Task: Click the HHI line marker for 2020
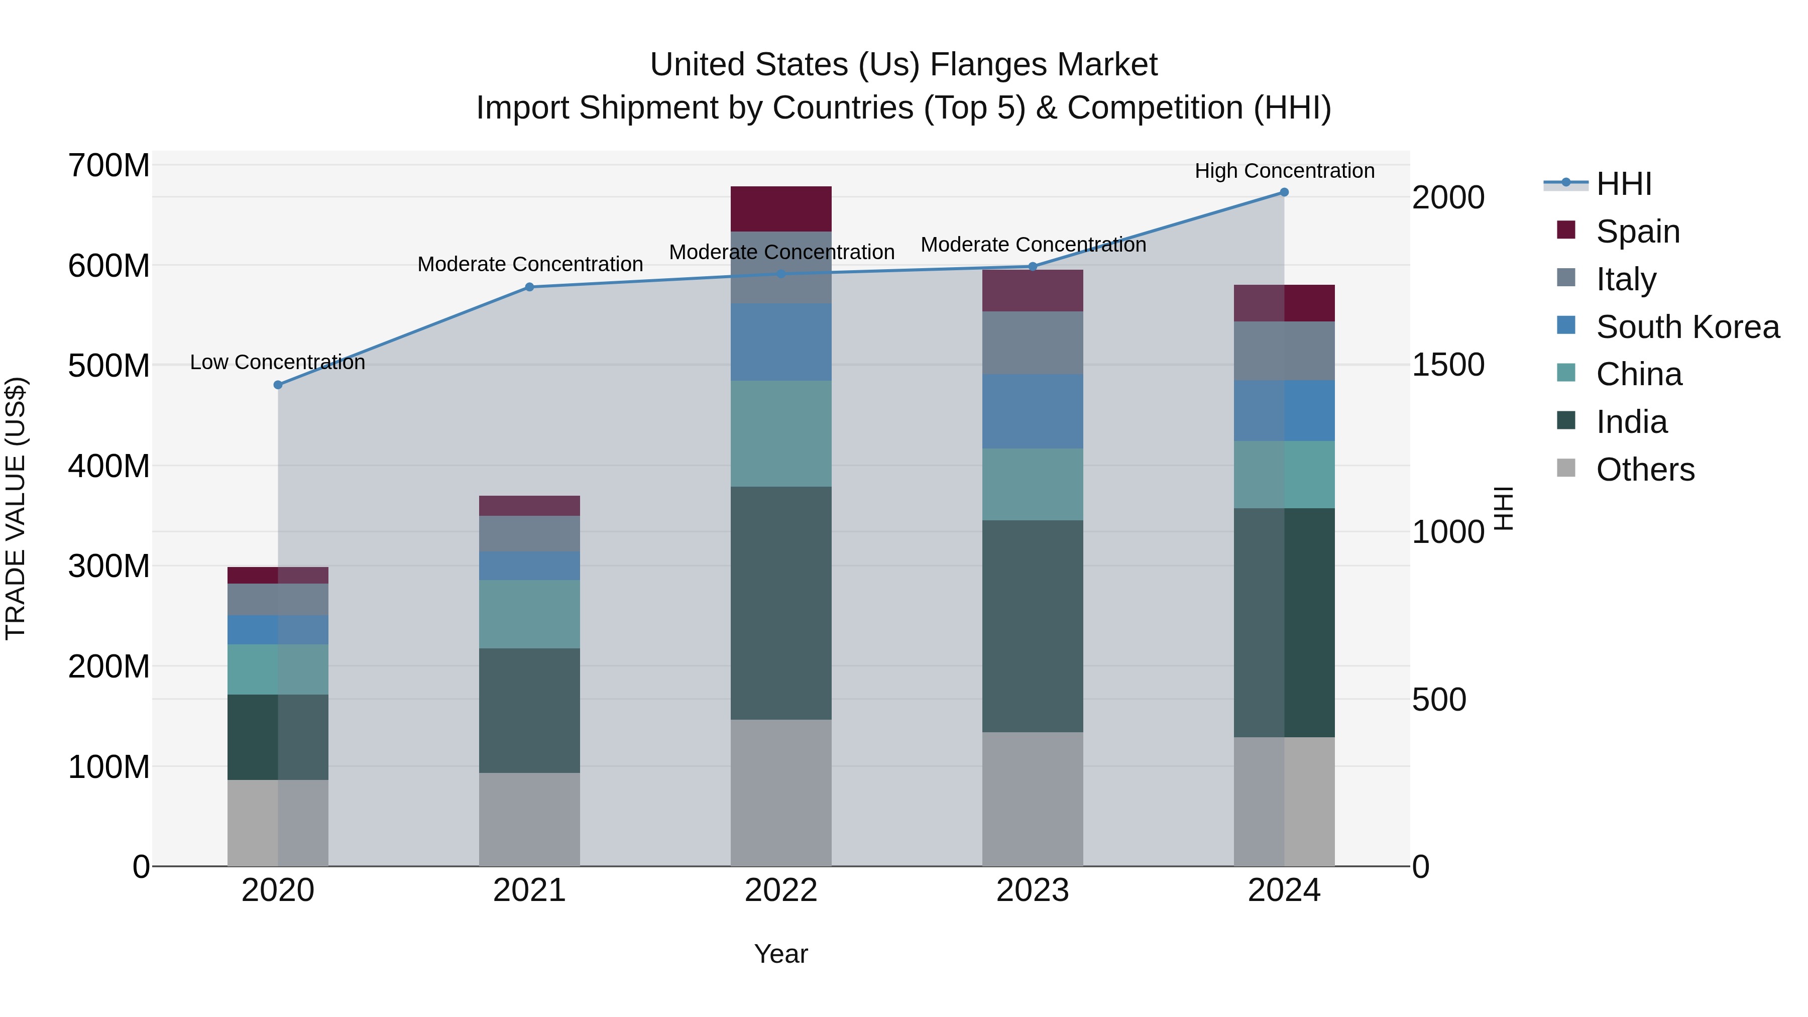[278, 385]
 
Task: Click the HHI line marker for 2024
[1284, 192]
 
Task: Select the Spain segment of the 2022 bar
[780, 208]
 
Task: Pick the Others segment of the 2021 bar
[529, 819]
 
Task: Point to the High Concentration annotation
[1284, 171]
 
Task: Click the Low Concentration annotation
[278, 362]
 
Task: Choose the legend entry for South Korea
[1687, 327]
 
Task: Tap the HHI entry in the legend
[1623, 184]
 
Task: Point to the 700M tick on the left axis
[109, 166]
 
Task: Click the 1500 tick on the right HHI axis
[1447, 365]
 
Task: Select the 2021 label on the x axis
[529, 890]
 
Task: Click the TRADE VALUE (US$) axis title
[16, 509]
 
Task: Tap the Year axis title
[780, 954]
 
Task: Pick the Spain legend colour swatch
[1566, 230]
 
